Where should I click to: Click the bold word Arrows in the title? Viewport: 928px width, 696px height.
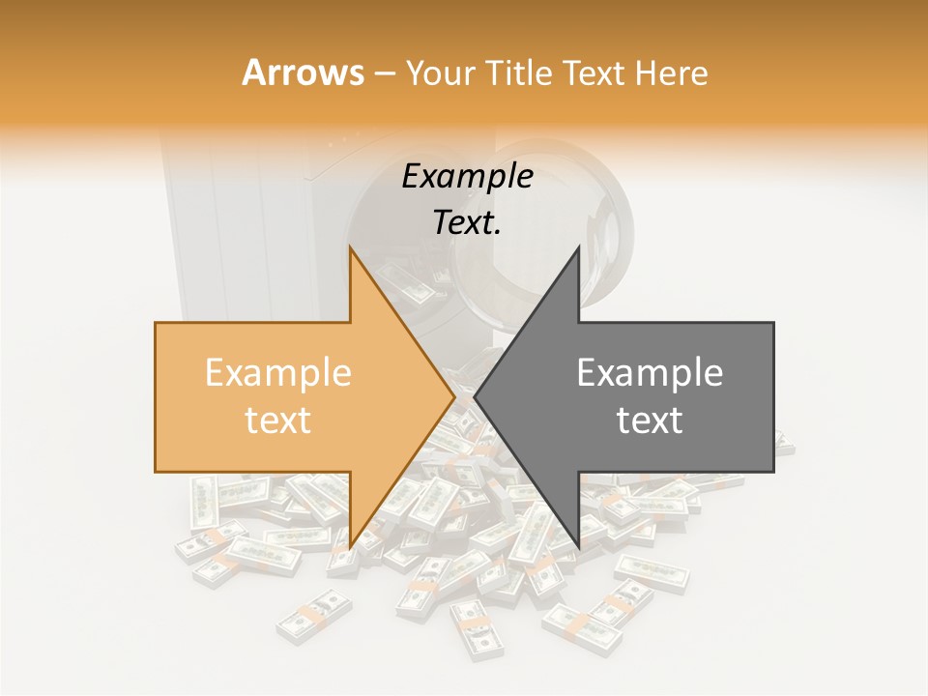(303, 72)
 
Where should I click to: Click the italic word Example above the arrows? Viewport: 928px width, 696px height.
(467, 177)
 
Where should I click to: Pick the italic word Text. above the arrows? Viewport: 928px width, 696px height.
(467, 223)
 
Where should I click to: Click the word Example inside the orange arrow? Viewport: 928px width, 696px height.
(278, 373)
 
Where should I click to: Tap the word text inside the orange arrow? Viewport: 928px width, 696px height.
(278, 420)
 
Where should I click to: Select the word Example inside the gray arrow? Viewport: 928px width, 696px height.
(650, 373)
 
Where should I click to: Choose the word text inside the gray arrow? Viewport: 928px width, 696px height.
(650, 420)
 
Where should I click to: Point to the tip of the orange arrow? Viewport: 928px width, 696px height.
(453, 397)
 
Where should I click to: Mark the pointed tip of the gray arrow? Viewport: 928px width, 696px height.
(476, 397)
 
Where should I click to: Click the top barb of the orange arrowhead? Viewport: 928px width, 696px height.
(352, 253)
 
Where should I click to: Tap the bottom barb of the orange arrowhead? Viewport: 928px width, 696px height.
(352, 543)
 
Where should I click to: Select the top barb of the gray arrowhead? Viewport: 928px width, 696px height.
(577, 253)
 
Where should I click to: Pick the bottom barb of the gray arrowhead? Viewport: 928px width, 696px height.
(577, 543)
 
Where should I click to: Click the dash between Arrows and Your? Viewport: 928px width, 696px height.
(384, 73)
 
